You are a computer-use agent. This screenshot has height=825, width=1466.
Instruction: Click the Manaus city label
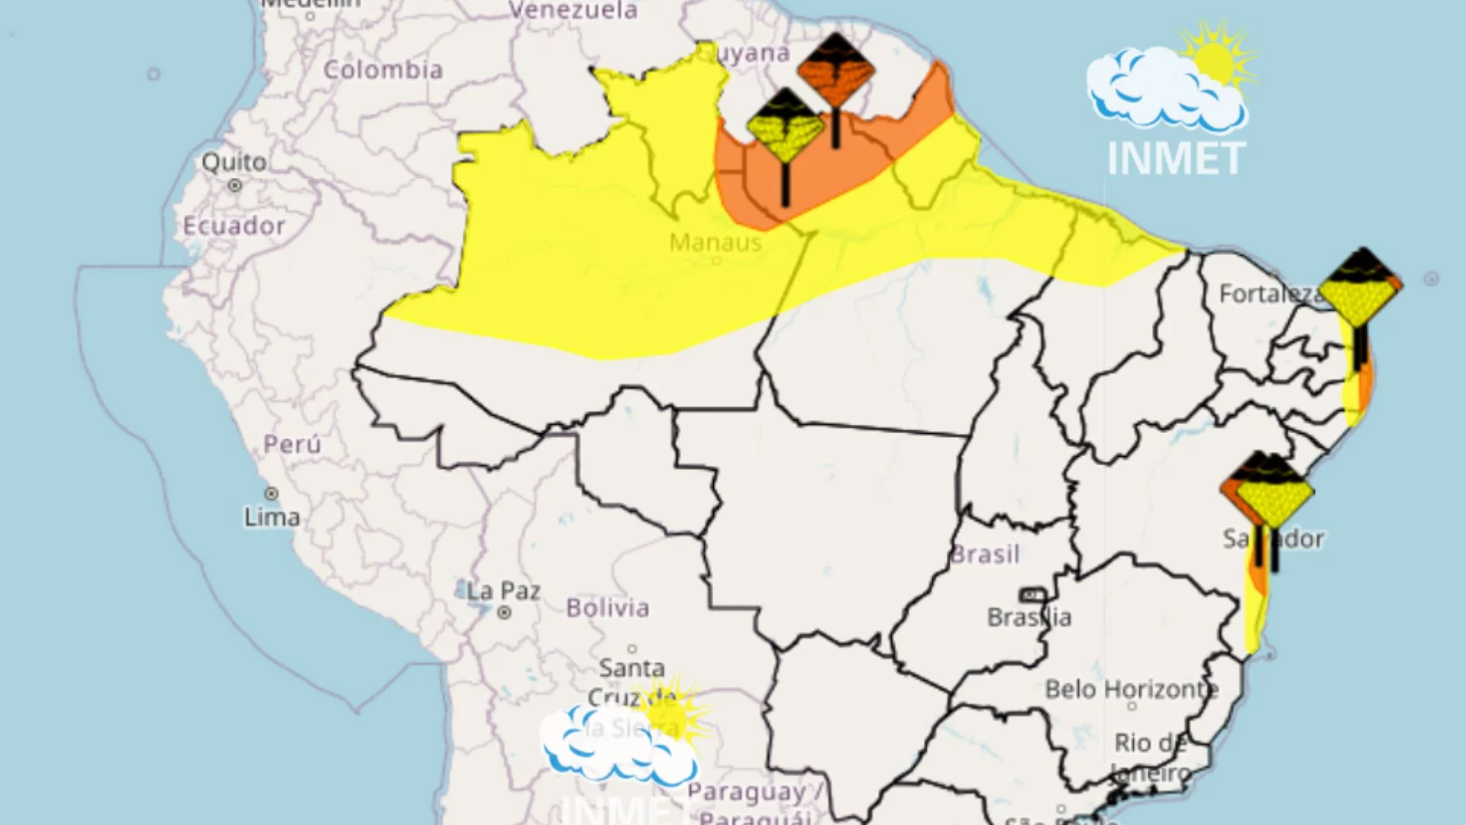pos(715,243)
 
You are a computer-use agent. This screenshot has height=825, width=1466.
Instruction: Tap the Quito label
pos(234,162)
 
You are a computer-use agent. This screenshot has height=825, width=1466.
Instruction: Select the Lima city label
pos(272,517)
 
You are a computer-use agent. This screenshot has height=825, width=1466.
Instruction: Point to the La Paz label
pos(504,591)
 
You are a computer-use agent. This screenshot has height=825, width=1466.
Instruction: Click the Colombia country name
pos(383,70)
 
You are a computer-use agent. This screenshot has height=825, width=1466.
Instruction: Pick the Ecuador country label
pos(234,226)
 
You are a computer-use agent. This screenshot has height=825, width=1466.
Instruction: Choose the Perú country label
pos(292,444)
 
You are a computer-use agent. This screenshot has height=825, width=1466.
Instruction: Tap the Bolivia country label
pos(608,608)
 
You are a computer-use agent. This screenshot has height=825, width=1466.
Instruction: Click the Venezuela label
pos(573,11)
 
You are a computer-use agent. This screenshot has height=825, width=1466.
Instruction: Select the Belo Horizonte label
pos(1132,690)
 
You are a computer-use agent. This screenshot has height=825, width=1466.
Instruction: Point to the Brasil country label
pos(985,554)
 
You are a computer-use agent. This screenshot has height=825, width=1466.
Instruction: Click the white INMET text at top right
pos(1176,159)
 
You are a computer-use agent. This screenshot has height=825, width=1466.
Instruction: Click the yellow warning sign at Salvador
pos(1274,493)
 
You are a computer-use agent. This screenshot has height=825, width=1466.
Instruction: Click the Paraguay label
pos(747,793)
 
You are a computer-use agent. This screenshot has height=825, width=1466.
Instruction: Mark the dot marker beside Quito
pos(235,186)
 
